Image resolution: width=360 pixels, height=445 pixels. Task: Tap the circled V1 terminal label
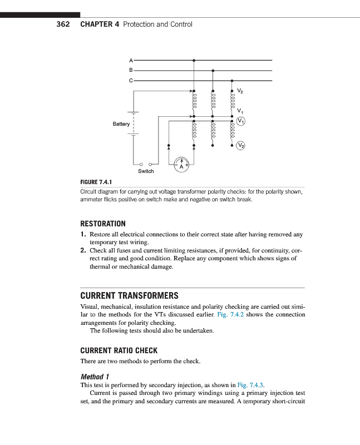240,121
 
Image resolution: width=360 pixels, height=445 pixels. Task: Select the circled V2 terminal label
240,146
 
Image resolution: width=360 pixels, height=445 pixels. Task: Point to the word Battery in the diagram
121,124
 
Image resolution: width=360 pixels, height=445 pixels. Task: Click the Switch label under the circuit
146,171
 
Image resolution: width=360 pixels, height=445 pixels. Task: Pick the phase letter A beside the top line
131,60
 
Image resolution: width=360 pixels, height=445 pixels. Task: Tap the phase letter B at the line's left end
131,70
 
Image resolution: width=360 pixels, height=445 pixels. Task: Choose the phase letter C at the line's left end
131,80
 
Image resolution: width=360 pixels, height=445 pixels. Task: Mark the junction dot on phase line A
194,60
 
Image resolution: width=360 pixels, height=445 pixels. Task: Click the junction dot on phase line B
213,71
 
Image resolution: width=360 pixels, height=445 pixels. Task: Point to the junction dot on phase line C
232,80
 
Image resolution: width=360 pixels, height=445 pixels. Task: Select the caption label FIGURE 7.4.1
97,182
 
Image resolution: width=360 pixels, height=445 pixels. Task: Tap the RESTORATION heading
103,224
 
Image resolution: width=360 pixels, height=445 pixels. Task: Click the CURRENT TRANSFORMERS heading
129,295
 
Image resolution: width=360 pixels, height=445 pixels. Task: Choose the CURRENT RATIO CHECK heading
119,350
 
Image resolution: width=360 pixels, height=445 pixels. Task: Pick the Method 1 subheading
95,376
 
